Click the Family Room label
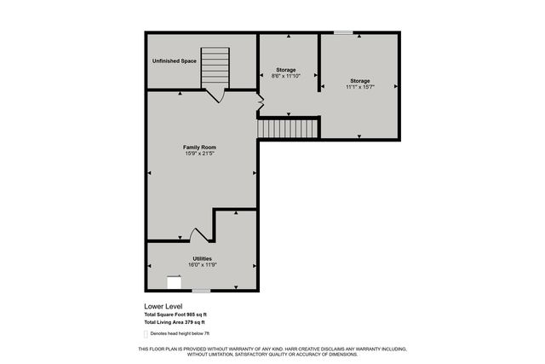pos(199,147)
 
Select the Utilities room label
pos(202,258)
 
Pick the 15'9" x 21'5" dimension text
pos(199,154)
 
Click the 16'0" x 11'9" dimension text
pos(202,265)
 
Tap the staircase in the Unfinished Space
pos(215,68)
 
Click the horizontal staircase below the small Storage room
pos(288,128)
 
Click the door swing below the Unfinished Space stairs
pos(217,95)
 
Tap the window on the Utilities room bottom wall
pos(201,291)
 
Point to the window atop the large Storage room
pos(343,33)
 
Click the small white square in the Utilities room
pos(174,283)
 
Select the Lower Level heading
pos(163,306)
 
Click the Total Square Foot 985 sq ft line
pos(176,315)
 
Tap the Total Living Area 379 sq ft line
pos(176,322)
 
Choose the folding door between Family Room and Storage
pos(261,103)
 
